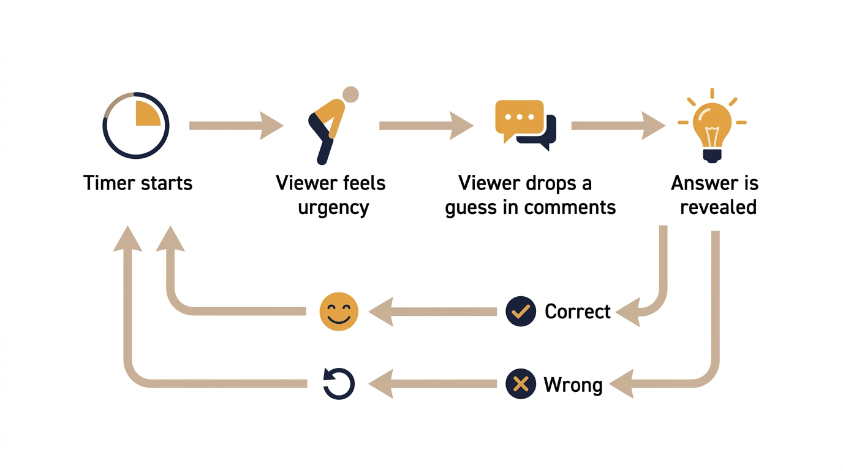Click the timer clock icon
coord(135,126)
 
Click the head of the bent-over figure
coord(350,94)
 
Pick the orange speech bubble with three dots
coord(518,118)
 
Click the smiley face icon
coord(339,312)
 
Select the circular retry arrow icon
coord(339,384)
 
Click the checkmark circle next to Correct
coord(521,312)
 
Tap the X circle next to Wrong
coord(521,385)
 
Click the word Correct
coord(578,312)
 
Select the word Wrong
coord(573,385)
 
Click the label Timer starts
coord(138,183)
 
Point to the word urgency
coord(333,207)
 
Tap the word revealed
coord(718,207)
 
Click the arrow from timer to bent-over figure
coord(236,126)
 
